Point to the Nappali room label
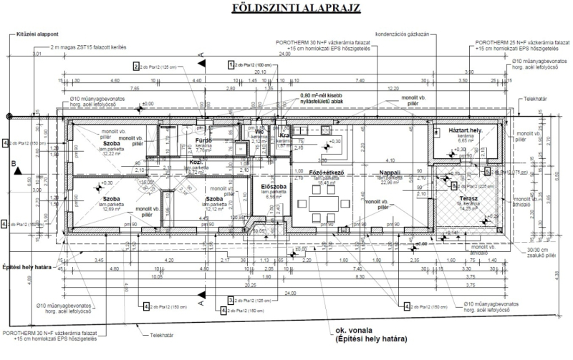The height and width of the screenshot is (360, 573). pyautogui.click(x=390, y=172)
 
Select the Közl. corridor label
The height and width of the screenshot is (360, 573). pyautogui.click(x=194, y=162)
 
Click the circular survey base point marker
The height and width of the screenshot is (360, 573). pyautogui.click(x=9, y=117)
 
